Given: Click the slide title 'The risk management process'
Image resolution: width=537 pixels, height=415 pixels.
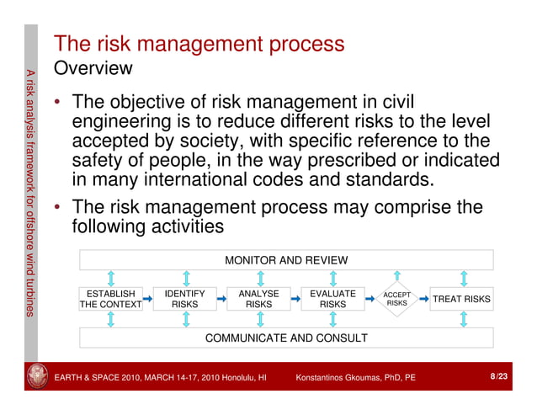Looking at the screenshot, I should [199, 44].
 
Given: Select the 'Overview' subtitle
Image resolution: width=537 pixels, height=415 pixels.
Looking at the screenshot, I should [92, 67].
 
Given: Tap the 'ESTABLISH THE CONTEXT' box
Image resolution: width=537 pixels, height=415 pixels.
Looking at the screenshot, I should [111, 300].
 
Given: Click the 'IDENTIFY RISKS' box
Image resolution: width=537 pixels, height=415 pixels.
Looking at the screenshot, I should [184, 300].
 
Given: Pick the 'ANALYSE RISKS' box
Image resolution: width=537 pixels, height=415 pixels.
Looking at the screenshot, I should [258, 300].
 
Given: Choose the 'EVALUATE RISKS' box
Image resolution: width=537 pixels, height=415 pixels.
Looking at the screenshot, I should [332, 300].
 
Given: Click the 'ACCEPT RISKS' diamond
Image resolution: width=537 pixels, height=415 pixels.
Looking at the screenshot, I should [396, 299].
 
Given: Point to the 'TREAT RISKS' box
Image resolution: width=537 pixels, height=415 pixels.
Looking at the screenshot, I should [461, 300].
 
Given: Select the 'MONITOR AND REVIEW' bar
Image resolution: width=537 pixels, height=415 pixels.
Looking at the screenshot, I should [286, 260].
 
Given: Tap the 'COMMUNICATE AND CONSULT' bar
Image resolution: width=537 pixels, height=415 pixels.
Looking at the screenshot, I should [286, 338].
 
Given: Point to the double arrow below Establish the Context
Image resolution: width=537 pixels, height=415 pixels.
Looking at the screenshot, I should [111, 318].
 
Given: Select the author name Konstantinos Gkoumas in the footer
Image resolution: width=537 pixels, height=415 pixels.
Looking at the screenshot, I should [355, 378].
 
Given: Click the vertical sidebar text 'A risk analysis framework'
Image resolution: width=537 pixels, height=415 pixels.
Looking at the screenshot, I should [30, 126].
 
